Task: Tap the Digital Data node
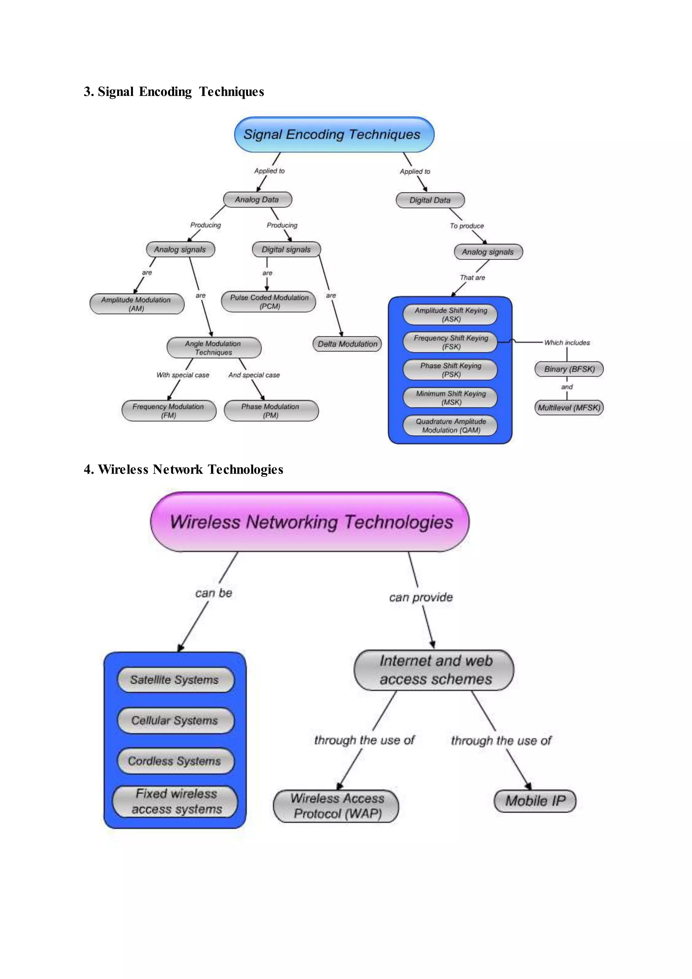coord(430,200)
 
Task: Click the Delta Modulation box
coord(347,344)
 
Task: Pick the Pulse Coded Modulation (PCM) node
coord(269,302)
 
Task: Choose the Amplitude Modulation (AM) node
coord(137,304)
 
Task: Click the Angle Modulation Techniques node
coord(214,348)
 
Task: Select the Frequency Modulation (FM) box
coord(169,411)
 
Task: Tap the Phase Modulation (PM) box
coord(271,411)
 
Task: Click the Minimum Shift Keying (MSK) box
coord(450,398)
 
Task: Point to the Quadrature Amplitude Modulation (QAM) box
coord(450,426)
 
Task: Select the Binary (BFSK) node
coord(569,369)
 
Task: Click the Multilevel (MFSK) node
coord(569,408)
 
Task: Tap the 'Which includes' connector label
coord(567,342)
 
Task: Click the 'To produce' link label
coord(467,225)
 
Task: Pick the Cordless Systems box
coord(175,761)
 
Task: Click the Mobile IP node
coord(535,801)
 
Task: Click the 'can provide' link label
coord(421,597)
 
